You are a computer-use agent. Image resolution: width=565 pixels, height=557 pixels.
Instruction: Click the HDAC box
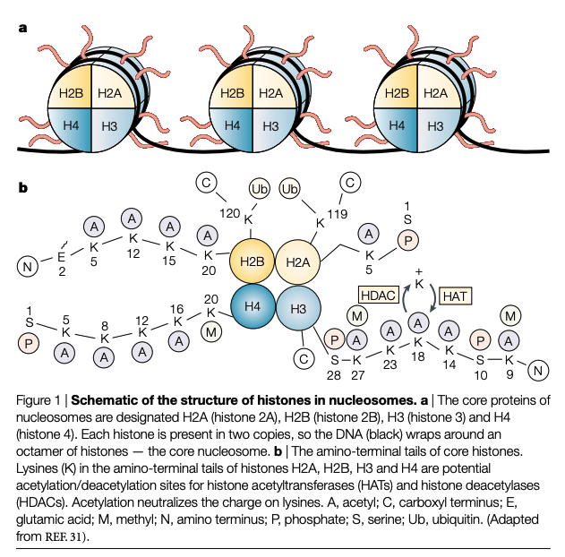click(x=378, y=294)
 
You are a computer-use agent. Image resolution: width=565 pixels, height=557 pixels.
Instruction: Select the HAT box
click(x=456, y=293)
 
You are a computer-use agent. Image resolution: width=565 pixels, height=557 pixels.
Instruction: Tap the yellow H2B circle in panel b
click(x=253, y=261)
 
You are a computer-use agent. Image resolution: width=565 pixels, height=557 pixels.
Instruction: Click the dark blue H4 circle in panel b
click(x=253, y=306)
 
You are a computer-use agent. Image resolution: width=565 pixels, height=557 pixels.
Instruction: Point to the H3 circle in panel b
click(x=297, y=308)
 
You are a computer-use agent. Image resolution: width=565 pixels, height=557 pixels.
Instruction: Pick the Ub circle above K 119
click(x=290, y=190)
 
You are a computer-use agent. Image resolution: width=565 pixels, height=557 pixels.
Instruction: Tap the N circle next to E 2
click(x=29, y=266)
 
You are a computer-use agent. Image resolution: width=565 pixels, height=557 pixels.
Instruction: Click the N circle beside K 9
click(x=538, y=369)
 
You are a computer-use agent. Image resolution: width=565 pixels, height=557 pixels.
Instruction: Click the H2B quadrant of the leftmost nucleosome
click(x=71, y=93)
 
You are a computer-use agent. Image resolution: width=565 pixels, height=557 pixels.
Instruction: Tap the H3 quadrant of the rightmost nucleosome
click(x=436, y=126)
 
